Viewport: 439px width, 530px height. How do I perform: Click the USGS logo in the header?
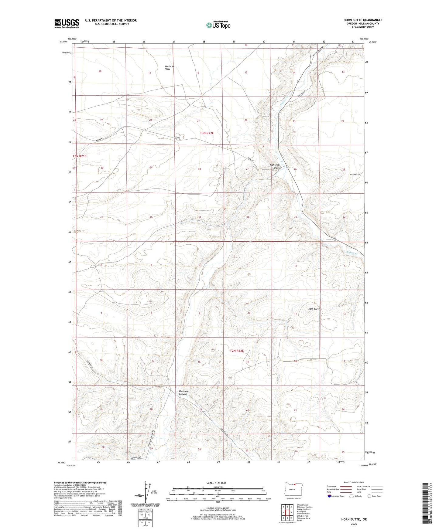click(x=67, y=23)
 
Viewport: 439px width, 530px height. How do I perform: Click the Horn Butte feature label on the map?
click(x=314, y=309)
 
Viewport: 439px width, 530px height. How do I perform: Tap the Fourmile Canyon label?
click(x=183, y=393)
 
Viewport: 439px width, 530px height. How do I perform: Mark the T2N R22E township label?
click(x=237, y=351)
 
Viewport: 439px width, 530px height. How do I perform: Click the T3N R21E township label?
click(x=80, y=156)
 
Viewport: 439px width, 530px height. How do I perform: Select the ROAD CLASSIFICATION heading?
click(x=354, y=482)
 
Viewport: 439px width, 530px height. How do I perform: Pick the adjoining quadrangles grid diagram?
click(x=287, y=513)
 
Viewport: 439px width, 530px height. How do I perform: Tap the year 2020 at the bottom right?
click(x=354, y=524)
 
